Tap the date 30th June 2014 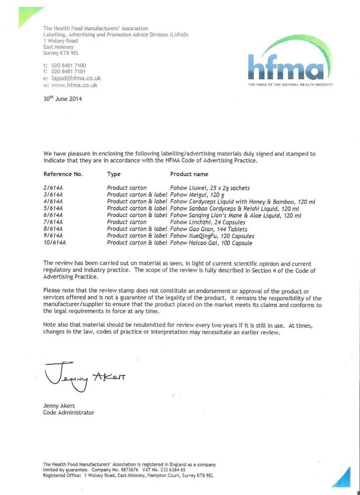[62, 98]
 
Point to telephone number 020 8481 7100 [68, 65]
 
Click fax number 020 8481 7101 [68, 72]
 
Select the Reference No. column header [63, 174]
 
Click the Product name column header [189, 174]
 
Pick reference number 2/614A [52, 188]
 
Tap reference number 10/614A [54, 243]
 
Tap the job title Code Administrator [68, 413]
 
